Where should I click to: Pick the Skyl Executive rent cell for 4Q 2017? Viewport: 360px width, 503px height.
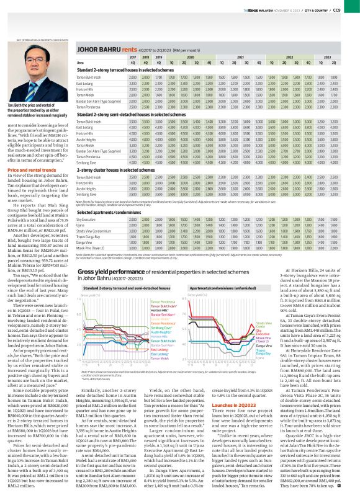131,237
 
